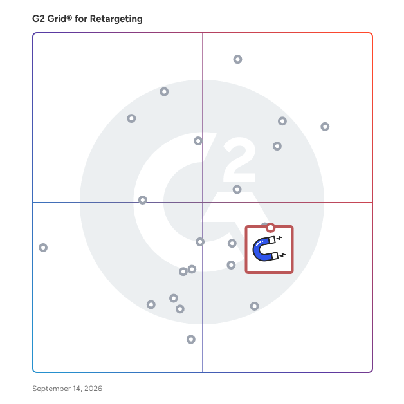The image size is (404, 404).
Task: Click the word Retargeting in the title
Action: pyautogui.click(x=116, y=19)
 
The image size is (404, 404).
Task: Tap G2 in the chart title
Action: pyautogui.click(x=39, y=19)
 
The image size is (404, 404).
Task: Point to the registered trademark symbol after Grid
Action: pyautogui.click(x=69, y=17)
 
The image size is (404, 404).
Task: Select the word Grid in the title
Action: pyautogui.click(x=57, y=19)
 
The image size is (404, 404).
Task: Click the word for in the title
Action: pyautogui.click(x=81, y=19)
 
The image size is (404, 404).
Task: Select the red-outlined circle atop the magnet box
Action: pyautogui.click(x=270, y=225)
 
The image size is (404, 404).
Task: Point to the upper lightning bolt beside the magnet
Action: pyautogui.click(x=279, y=238)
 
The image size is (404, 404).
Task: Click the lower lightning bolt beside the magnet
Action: pyautogui.click(x=282, y=255)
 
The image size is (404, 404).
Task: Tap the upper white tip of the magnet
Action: pyautogui.click(x=272, y=240)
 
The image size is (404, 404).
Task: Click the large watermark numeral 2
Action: pyautogui.click(x=239, y=160)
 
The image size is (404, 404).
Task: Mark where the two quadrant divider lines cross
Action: pyautogui.click(x=203, y=203)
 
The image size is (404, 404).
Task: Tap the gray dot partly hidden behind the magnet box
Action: pyautogui.click(x=264, y=224)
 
